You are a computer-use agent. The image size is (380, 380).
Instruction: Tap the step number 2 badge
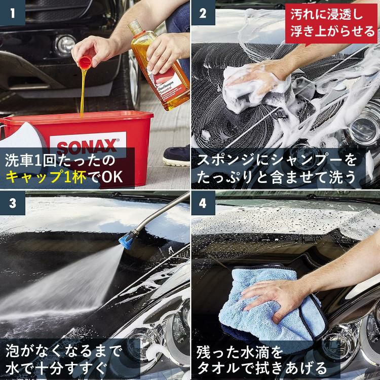coord(203,13)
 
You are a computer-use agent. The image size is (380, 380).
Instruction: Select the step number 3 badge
coord(12,203)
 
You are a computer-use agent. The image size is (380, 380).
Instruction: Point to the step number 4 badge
coord(203,203)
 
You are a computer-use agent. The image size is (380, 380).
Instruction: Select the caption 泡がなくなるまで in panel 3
coord(64,350)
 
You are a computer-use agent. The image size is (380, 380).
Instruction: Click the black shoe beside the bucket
coord(177,156)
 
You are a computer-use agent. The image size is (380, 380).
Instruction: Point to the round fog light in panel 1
coord(64,45)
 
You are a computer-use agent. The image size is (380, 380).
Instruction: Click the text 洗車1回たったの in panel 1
coord(60,161)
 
